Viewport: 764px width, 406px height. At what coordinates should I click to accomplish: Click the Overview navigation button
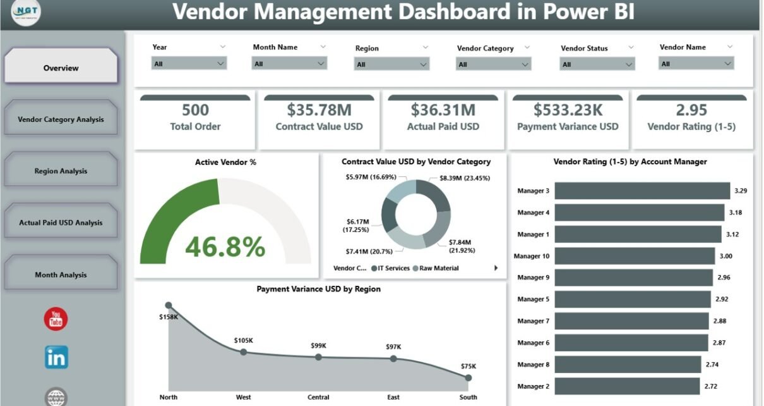pyautogui.click(x=61, y=68)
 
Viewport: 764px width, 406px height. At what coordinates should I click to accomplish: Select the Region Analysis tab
pyautogui.click(x=61, y=171)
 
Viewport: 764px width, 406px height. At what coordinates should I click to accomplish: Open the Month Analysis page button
pyautogui.click(x=61, y=274)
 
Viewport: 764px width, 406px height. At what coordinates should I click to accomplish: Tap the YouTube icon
pyautogui.click(x=56, y=319)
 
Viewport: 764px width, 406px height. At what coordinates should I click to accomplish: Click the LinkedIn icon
pyautogui.click(x=56, y=357)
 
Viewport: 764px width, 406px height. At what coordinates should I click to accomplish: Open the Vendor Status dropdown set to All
pyautogui.click(x=597, y=64)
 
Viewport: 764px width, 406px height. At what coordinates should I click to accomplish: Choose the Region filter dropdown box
pyautogui.click(x=391, y=64)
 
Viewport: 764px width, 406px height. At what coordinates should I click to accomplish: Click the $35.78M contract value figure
pyautogui.click(x=319, y=110)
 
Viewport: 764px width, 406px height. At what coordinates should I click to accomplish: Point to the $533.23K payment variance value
pyautogui.click(x=568, y=110)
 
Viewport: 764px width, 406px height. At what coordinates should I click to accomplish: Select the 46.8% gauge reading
pyautogui.click(x=225, y=247)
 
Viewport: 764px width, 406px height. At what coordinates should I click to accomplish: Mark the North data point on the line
pyautogui.click(x=168, y=305)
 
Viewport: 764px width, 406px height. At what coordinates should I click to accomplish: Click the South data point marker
pyautogui.click(x=468, y=378)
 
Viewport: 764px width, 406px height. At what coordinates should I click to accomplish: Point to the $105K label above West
pyautogui.click(x=243, y=340)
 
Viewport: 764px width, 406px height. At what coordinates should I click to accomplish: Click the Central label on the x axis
pyautogui.click(x=318, y=397)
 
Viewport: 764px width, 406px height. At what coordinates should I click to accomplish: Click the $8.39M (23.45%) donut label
pyautogui.click(x=464, y=178)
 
